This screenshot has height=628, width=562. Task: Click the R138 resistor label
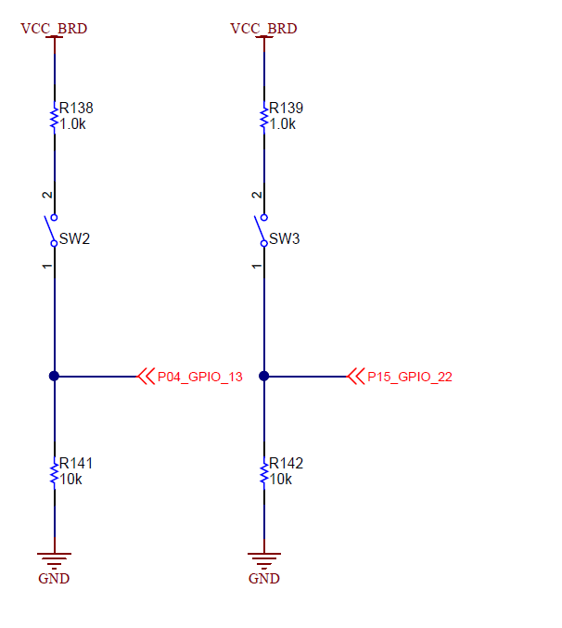pos(76,108)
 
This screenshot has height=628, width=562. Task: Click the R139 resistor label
pos(286,108)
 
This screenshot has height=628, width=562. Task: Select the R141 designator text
pos(76,463)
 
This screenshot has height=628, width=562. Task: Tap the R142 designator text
pos(286,463)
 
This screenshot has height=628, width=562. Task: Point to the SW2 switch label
pos(74,239)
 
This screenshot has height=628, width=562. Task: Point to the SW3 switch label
pos(284,239)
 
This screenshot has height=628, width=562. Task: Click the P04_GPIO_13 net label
pos(200,378)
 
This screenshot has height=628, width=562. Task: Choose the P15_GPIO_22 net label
pos(410,378)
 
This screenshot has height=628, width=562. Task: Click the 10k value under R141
pos(71,479)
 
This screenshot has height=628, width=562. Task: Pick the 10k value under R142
pos(281,479)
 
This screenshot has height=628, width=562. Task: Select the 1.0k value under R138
pos(73,123)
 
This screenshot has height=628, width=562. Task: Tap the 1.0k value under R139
pos(283,123)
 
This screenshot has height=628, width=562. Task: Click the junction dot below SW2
pos(54,377)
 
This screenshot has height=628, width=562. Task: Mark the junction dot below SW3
pos(264,377)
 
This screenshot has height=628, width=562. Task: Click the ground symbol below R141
pos(54,559)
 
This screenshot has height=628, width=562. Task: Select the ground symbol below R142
pos(264,559)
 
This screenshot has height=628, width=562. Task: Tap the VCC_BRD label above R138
pos(54,29)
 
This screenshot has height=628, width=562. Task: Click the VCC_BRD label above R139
pos(263,29)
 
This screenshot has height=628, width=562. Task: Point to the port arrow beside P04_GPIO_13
pos(146,377)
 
